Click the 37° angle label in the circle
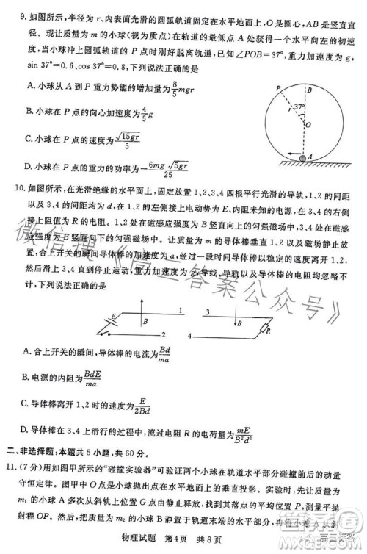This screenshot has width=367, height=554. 299,107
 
